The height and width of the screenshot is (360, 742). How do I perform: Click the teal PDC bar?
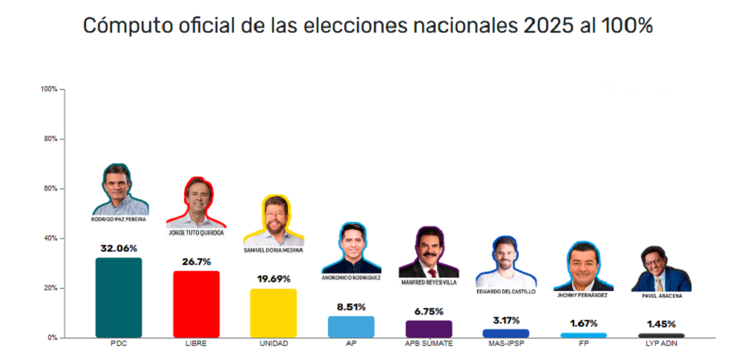(119, 298)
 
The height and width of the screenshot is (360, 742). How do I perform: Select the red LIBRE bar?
(196, 304)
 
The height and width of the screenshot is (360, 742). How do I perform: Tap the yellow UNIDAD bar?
(273, 313)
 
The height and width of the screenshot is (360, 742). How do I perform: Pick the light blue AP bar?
(351, 327)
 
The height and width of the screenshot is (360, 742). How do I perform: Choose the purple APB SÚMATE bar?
(429, 329)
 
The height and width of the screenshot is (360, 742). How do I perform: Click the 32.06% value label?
(119, 249)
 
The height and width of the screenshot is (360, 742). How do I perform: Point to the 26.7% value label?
(196, 262)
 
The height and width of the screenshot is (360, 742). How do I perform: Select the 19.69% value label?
(273, 279)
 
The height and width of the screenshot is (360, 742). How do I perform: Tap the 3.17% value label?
(506, 321)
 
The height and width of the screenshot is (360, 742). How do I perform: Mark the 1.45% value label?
(661, 324)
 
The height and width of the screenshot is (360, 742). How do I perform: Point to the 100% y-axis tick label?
(49, 89)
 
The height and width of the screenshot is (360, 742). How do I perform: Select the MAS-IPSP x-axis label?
(506, 344)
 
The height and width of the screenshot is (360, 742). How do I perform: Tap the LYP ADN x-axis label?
(661, 344)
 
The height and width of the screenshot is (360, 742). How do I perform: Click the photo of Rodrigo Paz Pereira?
(120, 191)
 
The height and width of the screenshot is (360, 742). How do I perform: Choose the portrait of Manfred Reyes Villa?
(428, 253)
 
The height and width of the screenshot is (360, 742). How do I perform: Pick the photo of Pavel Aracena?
(661, 269)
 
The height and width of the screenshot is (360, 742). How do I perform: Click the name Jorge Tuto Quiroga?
(196, 233)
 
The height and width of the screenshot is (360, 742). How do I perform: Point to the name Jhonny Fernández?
(583, 295)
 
